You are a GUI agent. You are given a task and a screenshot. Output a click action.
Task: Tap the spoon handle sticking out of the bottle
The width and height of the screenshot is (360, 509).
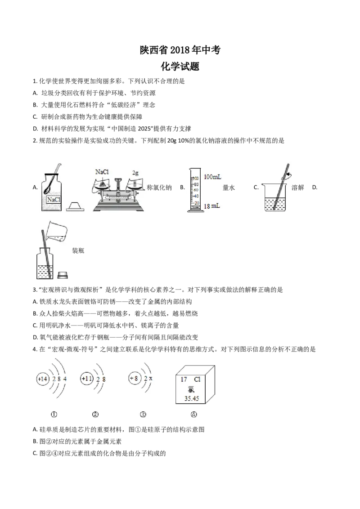(x=58, y=167)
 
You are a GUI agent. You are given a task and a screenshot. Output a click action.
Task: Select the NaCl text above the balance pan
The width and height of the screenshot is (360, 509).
(x=103, y=172)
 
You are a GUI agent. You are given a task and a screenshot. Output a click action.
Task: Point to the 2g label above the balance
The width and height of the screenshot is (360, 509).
(x=135, y=172)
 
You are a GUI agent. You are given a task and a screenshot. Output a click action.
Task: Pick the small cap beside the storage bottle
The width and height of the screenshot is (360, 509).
(x=63, y=274)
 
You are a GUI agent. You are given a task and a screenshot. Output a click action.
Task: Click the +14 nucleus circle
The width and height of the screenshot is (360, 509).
(x=43, y=380)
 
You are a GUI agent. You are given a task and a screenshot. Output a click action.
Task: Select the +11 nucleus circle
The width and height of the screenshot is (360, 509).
(x=86, y=379)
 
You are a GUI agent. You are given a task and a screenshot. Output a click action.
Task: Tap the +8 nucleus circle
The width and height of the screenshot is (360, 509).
(x=134, y=379)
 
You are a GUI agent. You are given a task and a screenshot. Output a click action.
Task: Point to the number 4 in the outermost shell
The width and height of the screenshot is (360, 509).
(x=65, y=380)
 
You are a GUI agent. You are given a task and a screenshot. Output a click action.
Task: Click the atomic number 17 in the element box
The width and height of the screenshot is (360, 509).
(x=184, y=379)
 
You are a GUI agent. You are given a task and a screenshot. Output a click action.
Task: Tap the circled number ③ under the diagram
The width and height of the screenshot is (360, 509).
(x=143, y=415)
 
